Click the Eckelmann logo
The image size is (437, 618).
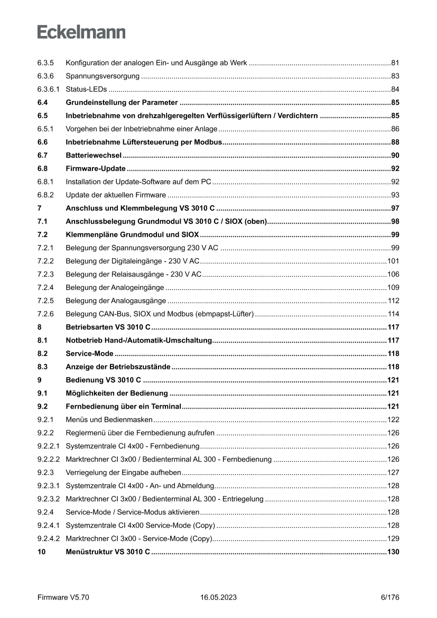point(81,32)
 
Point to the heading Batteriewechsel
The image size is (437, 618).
point(94,155)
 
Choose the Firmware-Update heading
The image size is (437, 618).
point(95,169)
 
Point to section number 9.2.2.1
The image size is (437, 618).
point(49,446)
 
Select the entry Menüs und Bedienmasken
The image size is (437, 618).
point(109,420)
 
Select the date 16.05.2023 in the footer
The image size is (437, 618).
point(218,597)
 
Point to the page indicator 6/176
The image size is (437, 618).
point(389,597)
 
